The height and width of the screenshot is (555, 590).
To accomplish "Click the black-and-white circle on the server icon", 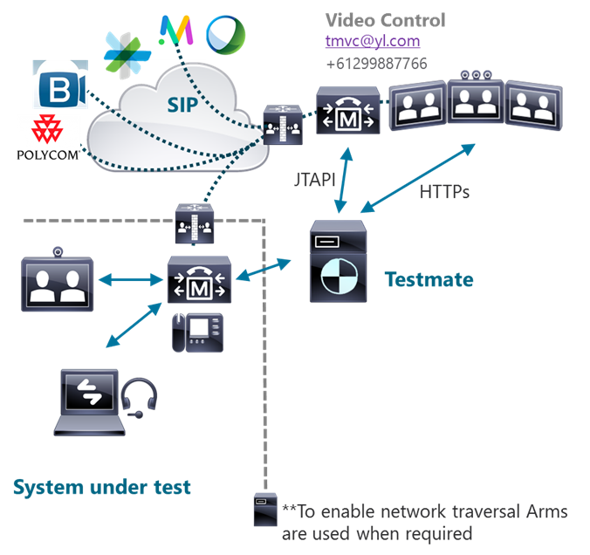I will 337,280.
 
